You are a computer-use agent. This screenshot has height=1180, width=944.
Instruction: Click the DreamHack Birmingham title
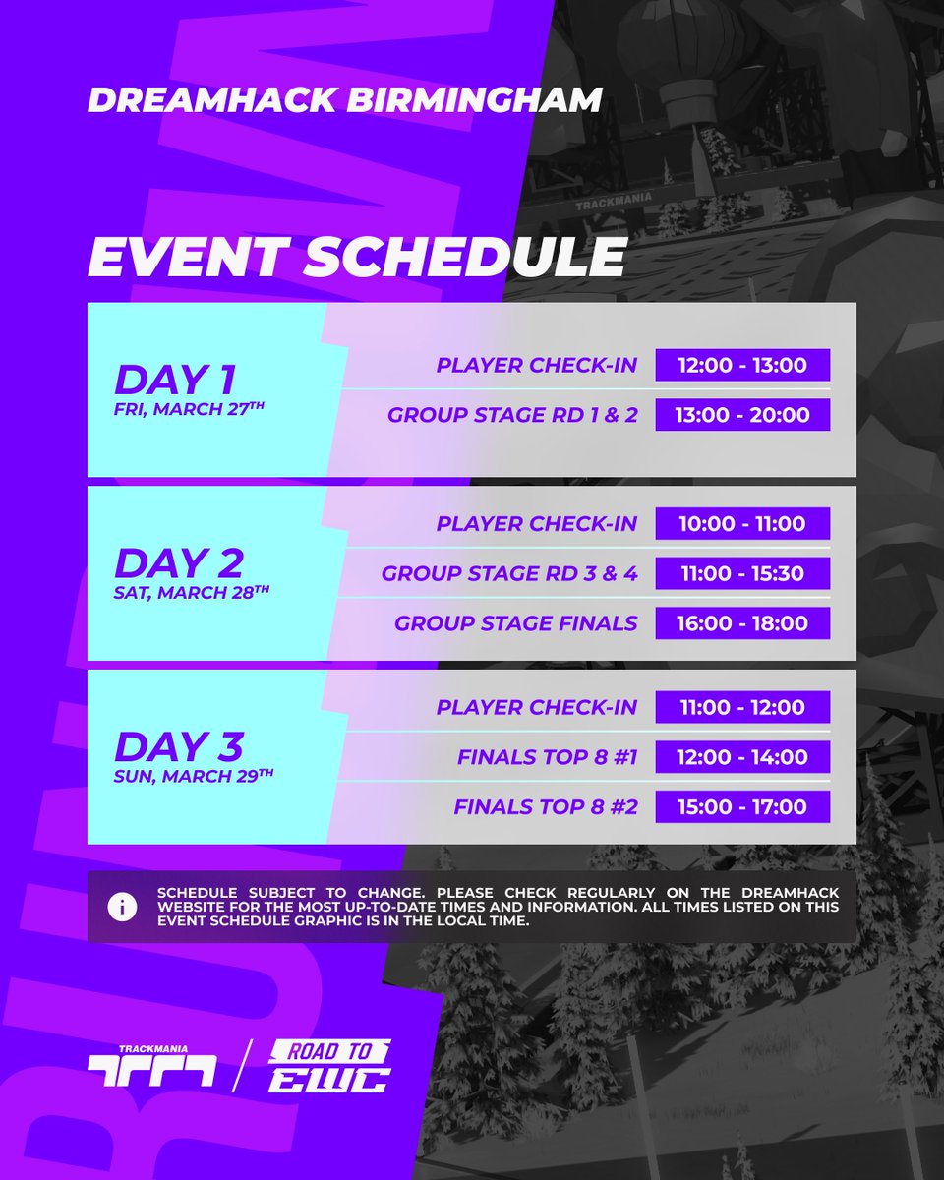click(344, 99)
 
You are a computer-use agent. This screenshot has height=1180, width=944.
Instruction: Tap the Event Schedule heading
click(356, 258)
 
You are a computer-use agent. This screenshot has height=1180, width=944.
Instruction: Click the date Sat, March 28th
click(192, 593)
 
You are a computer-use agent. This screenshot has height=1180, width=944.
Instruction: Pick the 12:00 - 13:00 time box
click(742, 366)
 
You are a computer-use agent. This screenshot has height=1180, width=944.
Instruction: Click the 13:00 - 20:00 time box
click(742, 415)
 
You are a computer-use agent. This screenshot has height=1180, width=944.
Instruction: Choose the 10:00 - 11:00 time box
click(742, 524)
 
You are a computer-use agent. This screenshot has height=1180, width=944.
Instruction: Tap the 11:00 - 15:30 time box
click(742, 573)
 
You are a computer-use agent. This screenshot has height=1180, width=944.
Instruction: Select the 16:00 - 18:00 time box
click(742, 623)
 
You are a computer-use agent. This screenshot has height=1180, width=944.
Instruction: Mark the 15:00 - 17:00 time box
click(742, 807)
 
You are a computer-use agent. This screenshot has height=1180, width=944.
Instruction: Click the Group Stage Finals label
click(515, 623)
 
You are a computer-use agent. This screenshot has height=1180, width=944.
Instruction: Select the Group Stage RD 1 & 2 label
click(512, 415)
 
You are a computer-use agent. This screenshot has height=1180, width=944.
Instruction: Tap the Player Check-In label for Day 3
click(537, 708)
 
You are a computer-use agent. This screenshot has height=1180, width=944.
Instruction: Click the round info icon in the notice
click(122, 907)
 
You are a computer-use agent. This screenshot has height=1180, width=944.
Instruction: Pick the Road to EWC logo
click(329, 1066)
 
